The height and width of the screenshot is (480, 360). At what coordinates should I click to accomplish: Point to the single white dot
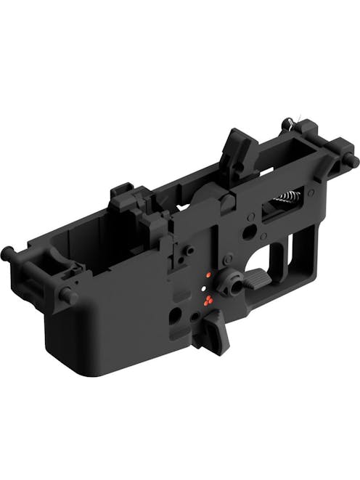point(202,291)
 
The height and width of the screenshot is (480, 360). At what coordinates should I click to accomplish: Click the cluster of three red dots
point(208,301)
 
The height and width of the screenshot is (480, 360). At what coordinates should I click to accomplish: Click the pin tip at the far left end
point(5,252)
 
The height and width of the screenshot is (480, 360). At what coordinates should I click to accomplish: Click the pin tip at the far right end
point(354,162)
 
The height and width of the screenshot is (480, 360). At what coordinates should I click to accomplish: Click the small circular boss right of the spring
point(311,192)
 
